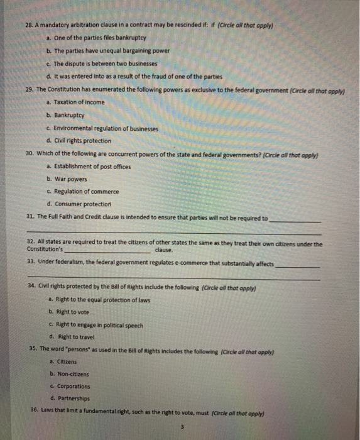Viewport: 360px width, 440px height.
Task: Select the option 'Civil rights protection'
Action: (x=82, y=141)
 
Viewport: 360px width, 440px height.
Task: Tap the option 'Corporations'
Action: (x=73, y=386)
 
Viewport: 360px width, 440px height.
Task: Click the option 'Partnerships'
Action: (x=73, y=399)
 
